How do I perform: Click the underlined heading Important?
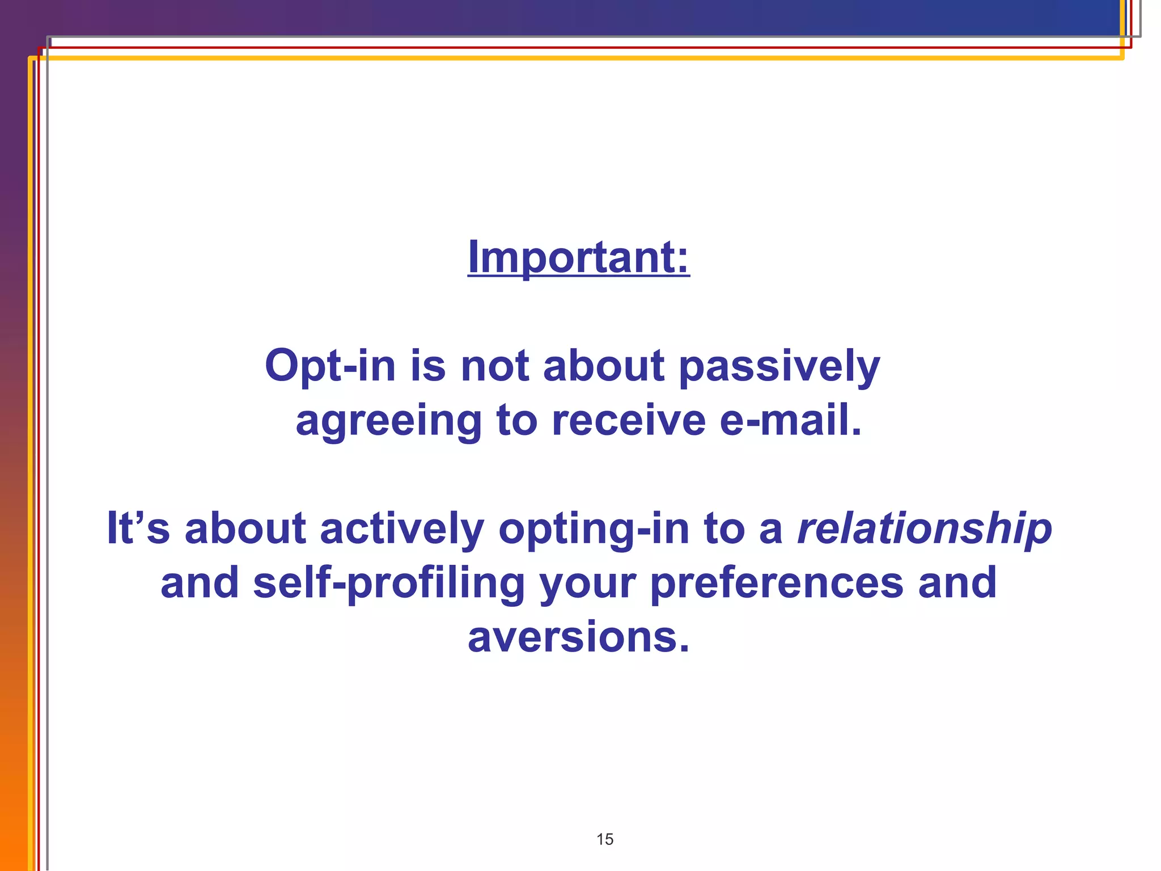pyautogui.click(x=578, y=257)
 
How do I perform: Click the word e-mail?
pyautogui.click(x=790, y=420)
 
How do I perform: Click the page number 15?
pyautogui.click(x=605, y=839)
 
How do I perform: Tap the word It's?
pyautogui.click(x=138, y=528)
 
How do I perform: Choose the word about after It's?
pyautogui.click(x=245, y=528)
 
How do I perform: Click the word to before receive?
pyautogui.click(x=516, y=421)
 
